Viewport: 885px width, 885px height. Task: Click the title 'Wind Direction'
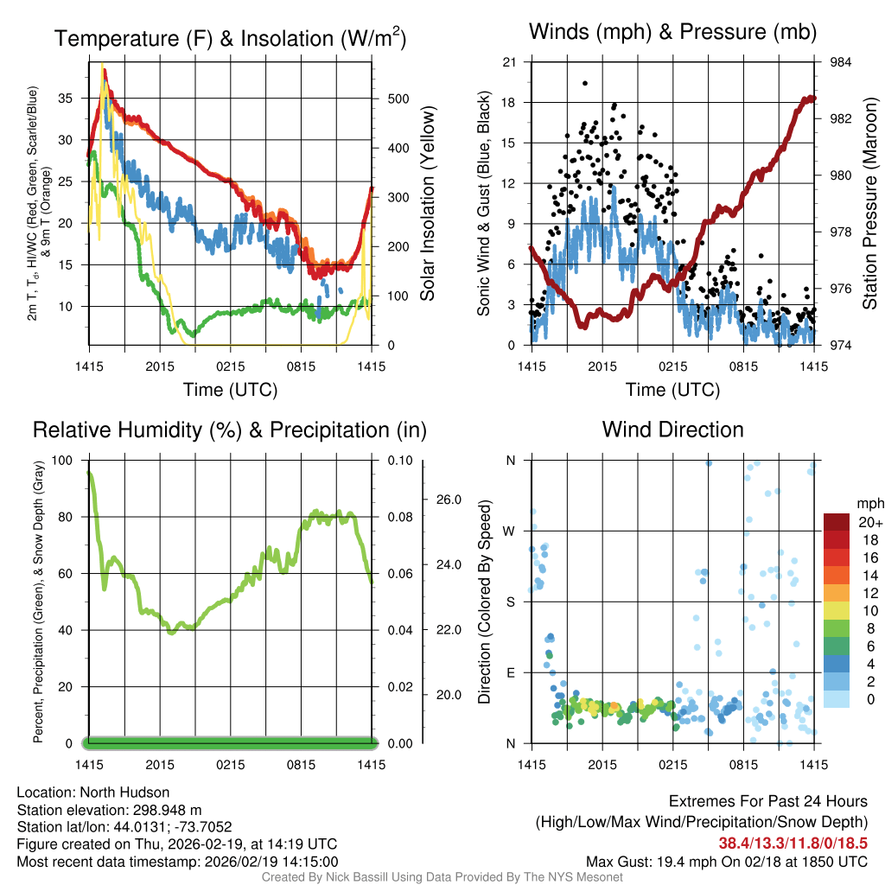(672, 430)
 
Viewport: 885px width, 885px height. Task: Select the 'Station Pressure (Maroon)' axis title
(869, 204)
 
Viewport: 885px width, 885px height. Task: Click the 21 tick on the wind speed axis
(509, 62)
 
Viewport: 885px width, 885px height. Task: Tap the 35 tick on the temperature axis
(66, 99)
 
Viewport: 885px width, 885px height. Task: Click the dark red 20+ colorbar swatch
(838, 522)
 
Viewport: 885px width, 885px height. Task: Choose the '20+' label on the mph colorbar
(869, 523)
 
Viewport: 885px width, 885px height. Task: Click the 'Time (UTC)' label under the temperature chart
(230, 390)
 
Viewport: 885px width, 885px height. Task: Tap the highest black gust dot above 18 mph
(585, 83)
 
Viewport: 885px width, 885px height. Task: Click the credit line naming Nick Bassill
(442, 877)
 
